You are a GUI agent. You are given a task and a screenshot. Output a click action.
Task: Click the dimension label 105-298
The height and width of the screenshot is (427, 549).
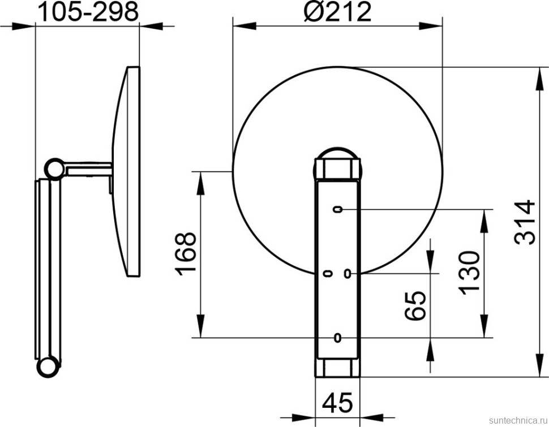coord(88,11)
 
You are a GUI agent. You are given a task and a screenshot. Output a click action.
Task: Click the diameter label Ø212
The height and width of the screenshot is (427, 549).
coord(337,11)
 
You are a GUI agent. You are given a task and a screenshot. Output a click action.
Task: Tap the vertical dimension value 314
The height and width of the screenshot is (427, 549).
coord(525,222)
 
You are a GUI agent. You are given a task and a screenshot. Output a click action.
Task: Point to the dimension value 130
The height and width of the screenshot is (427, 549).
coord(469,273)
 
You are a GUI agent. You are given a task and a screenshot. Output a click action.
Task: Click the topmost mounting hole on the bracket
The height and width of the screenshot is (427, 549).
coord(337,210)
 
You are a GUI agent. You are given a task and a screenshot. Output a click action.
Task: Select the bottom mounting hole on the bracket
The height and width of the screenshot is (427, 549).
coord(337,338)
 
